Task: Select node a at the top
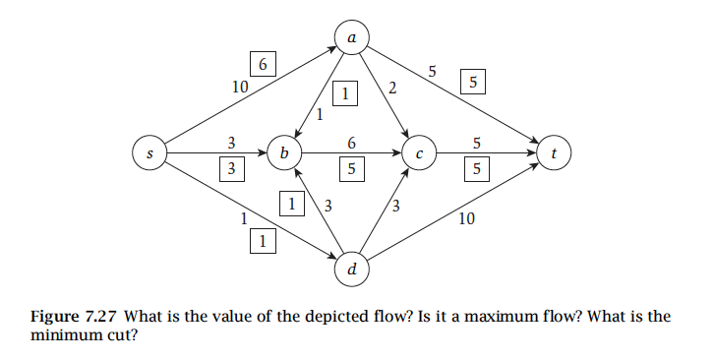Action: (x=352, y=37)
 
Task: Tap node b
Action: (x=284, y=153)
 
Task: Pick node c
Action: (x=419, y=153)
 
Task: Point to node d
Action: (x=352, y=268)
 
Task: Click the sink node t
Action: (x=555, y=153)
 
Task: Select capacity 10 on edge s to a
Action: (x=239, y=87)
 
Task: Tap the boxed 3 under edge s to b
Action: (x=231, y=168)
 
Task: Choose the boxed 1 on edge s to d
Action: (x=262, y=239)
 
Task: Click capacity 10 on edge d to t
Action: (x=467, y=219)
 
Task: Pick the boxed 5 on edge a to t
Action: (x=474, y=84)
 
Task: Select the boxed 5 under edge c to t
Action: (x=475, y=168)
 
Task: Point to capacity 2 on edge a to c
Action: (x=392, y=89)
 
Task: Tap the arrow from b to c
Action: (x=352, y=153)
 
